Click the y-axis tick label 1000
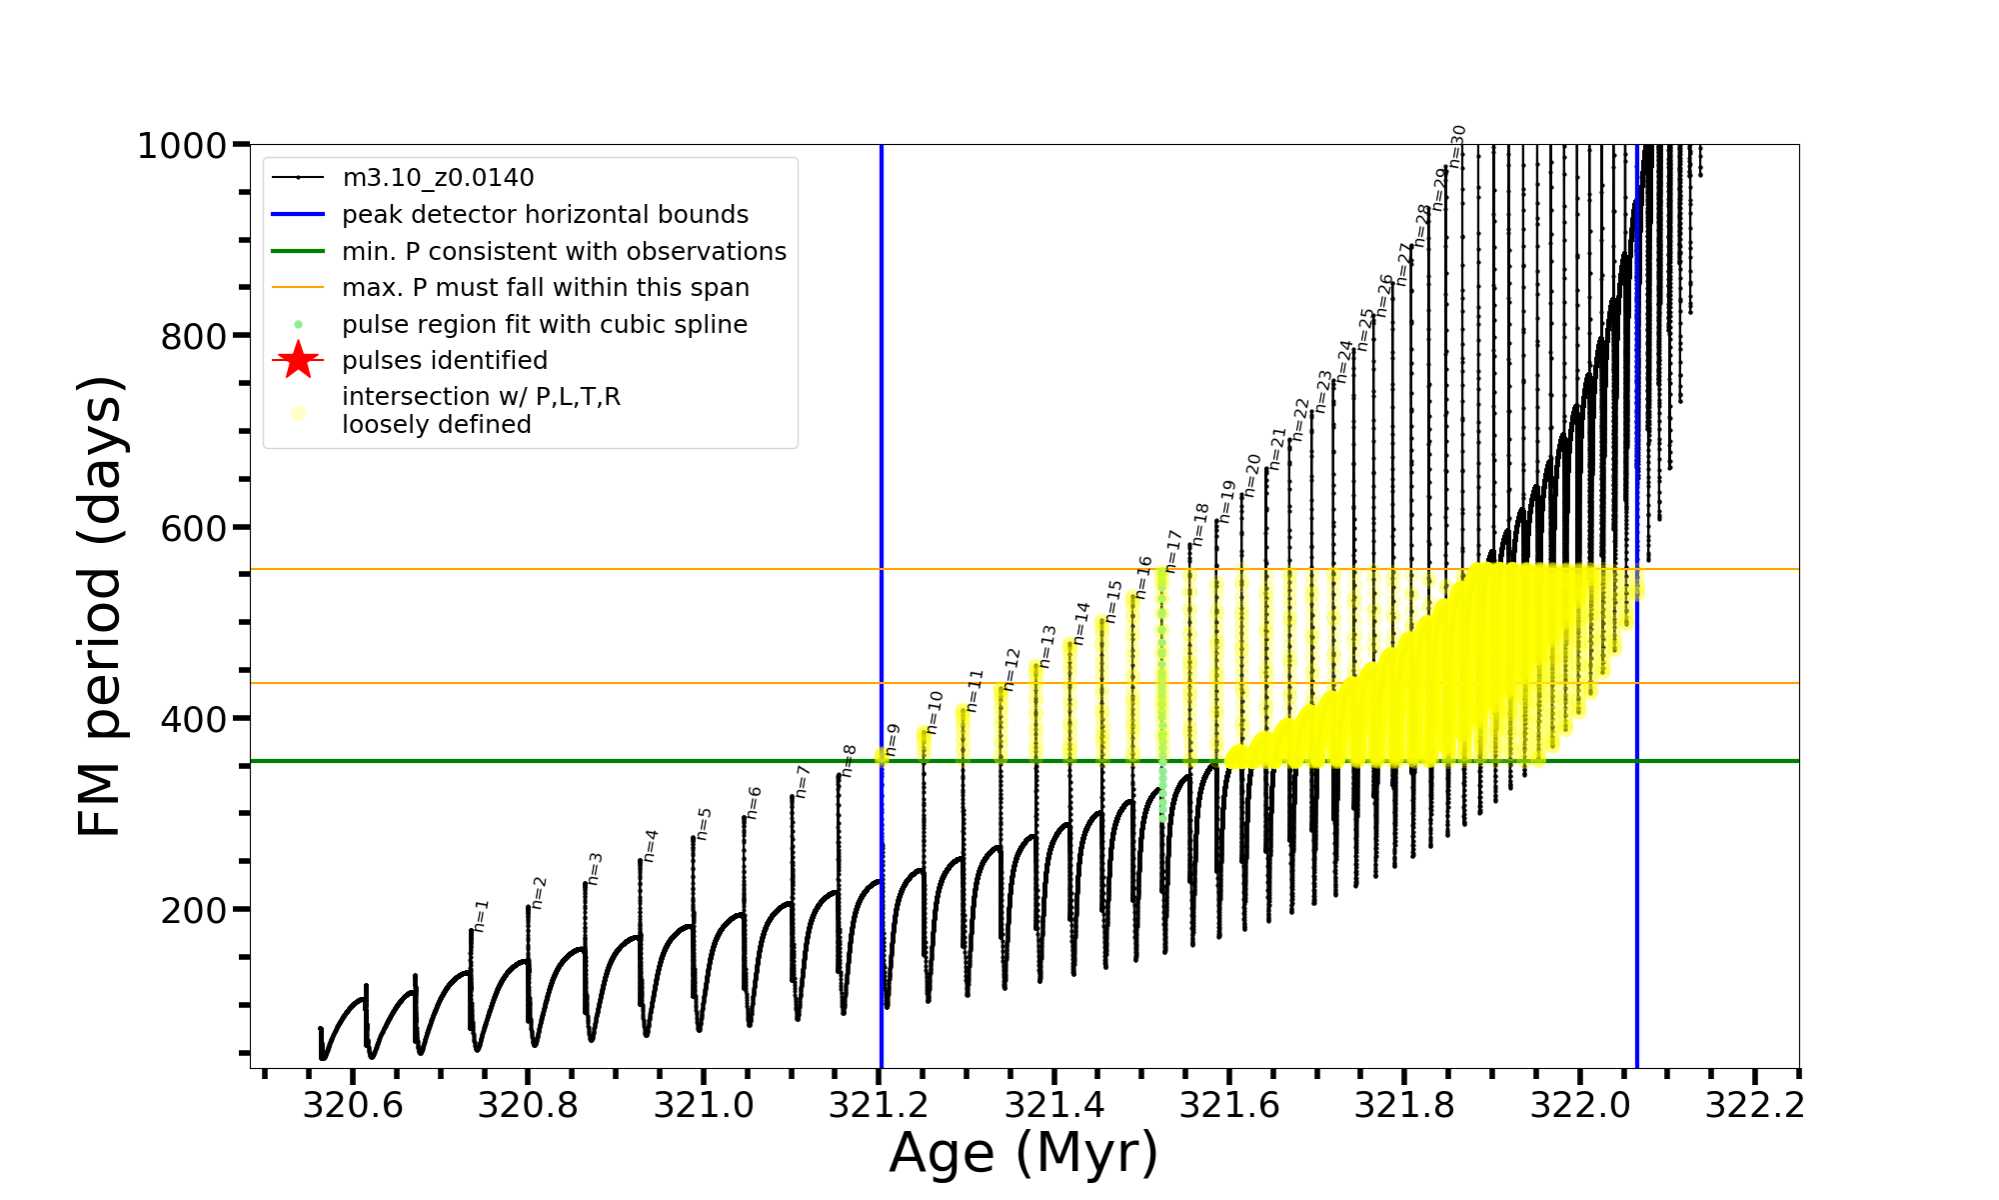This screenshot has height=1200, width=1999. pyautogui.click(x=182, y=146)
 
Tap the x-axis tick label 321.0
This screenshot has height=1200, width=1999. pyautogui.click(x=704, y=1105)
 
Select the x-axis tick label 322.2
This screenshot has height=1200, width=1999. pyautogui.click(x=1754, y=1105)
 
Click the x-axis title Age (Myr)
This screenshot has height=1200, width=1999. pyautogui.click(x=1023, y=1153)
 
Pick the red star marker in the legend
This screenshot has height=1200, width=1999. pyautogui.click(x=298, y=360)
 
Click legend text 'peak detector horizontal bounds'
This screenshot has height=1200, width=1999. pyautogui.click(x=545, y=214)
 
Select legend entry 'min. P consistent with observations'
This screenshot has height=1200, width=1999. pyautogui.click(x=564, y=251)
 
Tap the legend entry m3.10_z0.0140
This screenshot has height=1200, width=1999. pyautogui.click(x=438, y=178)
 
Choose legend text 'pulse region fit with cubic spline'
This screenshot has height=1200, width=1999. pyautogui.click(x=545, y=324)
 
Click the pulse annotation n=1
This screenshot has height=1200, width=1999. pyautogui.click(x=482, y=916)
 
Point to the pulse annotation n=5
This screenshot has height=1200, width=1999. pyautogui.click(x=704, y=823)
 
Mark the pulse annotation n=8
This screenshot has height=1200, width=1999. pyautogui.click(x=849, y=760)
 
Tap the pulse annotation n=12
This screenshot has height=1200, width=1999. pyautogui.click(x=1012, y=669)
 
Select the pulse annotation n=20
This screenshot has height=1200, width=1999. pyautogui.click(x=1252, y=475)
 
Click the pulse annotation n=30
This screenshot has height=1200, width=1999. pyautogui.click(x=1458, y=146)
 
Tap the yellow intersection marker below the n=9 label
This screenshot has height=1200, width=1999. pyautogui.click(x=882, y=757)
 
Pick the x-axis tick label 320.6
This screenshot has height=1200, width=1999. pyautogui.click(x=353, y=1105)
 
